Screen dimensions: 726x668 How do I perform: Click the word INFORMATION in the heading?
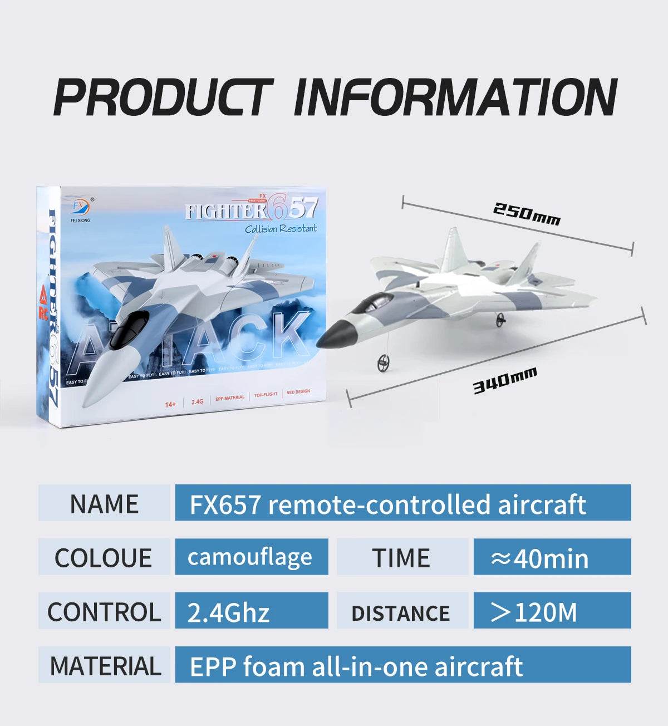coord(455,97)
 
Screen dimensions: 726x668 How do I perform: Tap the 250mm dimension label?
coord(526,214)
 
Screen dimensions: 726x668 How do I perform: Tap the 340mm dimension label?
coord(505,380)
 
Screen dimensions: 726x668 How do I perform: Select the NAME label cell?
coord(104,503)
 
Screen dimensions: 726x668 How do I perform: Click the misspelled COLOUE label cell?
coord(104,557)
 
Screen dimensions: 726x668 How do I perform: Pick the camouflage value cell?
coord(251,557)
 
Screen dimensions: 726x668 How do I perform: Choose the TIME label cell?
coord(401,557)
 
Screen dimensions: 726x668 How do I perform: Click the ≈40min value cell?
coord(551,557)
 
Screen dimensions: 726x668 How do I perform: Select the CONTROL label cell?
coord(104,611)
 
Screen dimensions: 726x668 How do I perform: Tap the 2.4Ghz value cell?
coord(251,611)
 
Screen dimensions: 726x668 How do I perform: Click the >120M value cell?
coord(551,611)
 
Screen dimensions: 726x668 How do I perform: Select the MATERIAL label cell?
coord(104,665)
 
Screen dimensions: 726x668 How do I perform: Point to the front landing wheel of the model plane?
coord(382,363)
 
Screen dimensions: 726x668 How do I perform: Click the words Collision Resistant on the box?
coord(281,229)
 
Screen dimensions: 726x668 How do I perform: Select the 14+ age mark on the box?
coord(170,404)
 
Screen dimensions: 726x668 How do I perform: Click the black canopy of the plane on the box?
coord(128,328)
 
